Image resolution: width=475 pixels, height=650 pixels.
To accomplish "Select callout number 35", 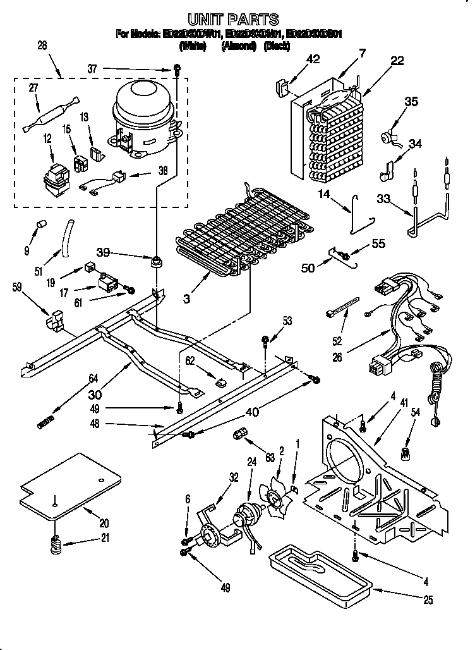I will click(411, 101).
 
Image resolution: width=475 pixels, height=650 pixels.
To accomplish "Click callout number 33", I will click(382, 198).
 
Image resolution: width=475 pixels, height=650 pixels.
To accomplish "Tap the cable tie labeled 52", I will click(345, 304).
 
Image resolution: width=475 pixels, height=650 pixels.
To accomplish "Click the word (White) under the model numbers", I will click(193, 46).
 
